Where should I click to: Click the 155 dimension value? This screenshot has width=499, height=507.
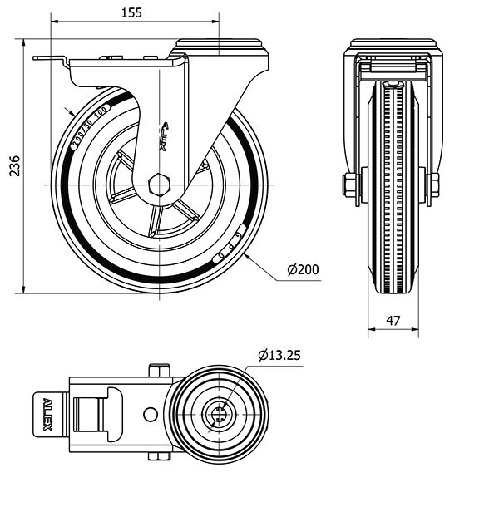(x=131, y=12)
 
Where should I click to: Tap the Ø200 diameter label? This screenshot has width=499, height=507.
(x=303, y=269)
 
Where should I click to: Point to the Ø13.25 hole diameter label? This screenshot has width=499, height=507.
(x=279, y=355)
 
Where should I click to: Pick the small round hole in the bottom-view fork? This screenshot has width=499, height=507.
(x=151, y=414)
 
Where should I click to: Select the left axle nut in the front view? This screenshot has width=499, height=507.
(x=350, y=184)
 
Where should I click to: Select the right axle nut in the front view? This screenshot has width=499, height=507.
(x=432, y=184)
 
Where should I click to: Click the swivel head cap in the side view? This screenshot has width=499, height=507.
(x=222, y=47)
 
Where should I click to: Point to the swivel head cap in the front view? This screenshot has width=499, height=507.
(x=393, y=45)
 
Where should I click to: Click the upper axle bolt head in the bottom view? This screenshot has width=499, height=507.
(x=160, y=370)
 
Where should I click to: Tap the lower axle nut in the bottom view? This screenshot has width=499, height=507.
(x=160, y=455)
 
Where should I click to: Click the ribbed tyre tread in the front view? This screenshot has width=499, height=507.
(x=393, y=191)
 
